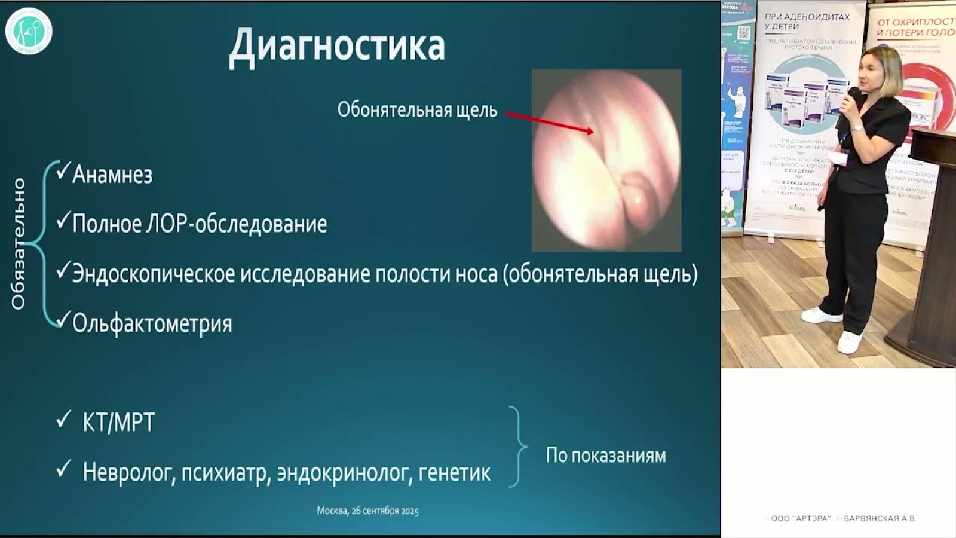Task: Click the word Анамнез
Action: pos(112,175)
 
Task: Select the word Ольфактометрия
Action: pos(152,323)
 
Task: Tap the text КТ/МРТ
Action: pos(118,423)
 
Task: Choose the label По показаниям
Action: pos(605,456)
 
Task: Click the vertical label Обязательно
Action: pos(19,243)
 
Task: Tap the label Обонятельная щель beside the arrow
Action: pos(416,110)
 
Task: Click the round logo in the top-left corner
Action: pos(29,30)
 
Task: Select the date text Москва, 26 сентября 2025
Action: pos(367,511)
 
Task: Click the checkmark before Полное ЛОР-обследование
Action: pos(63,222)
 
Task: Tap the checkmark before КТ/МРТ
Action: pos(63,420)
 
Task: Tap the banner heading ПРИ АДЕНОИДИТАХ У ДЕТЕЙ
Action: pos(807,22)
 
